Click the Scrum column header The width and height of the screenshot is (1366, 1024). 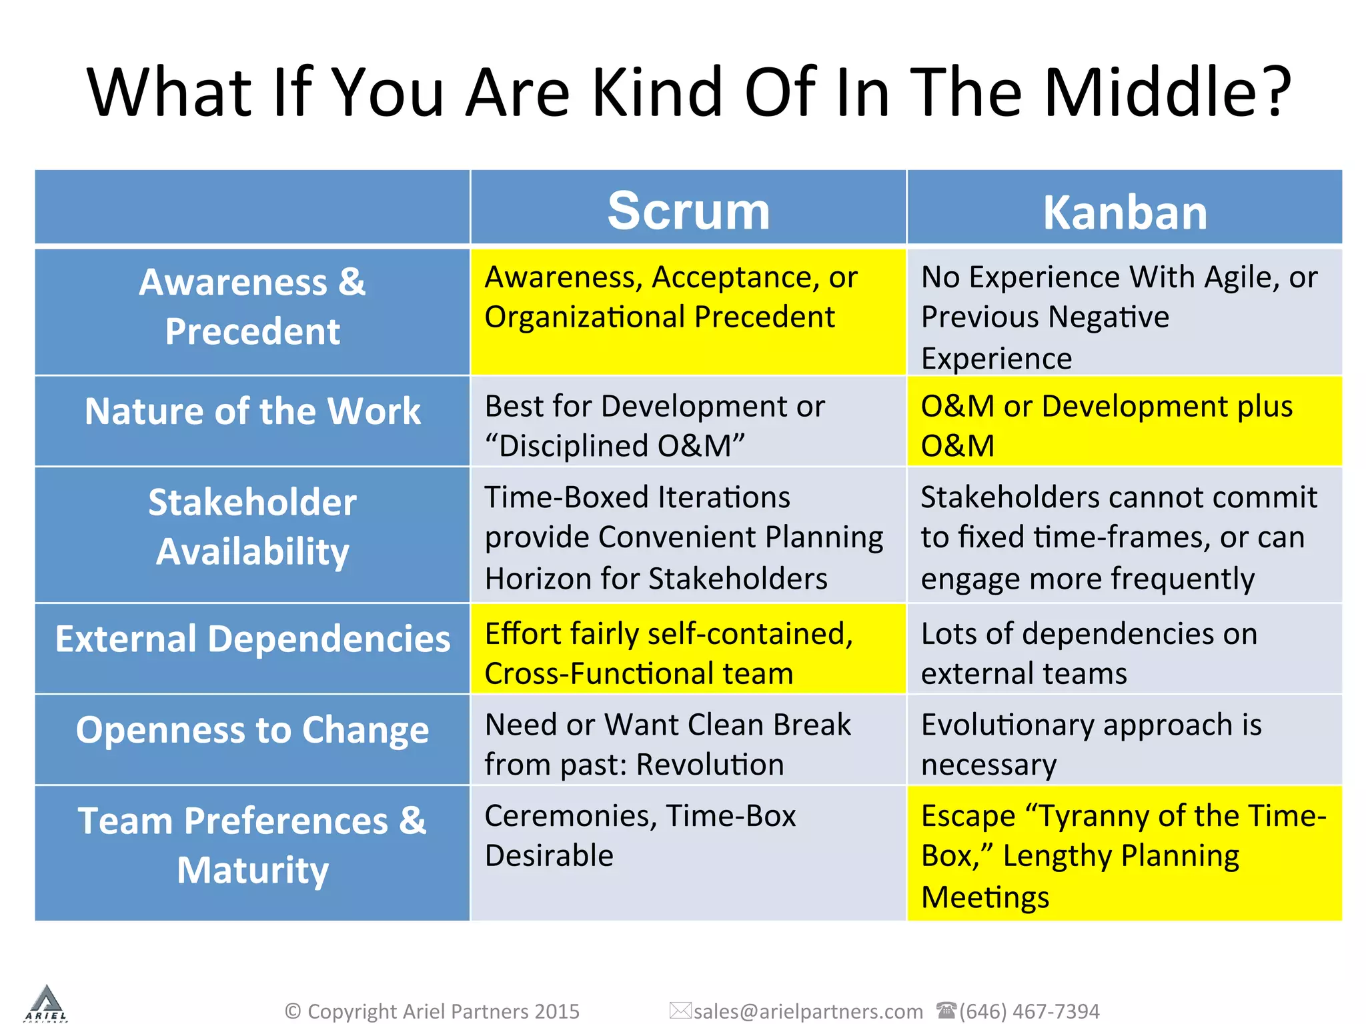688,211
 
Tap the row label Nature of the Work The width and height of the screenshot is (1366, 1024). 252,411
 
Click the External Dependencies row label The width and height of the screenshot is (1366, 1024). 252,639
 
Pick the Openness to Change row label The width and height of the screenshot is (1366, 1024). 252,730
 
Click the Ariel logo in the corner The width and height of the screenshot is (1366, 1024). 46,1003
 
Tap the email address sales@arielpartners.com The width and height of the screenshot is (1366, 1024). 808,1011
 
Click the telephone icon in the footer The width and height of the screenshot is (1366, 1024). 946,1010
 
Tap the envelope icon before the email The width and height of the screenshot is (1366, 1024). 680,1011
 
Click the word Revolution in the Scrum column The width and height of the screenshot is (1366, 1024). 710,764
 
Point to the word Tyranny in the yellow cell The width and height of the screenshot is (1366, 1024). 1094,816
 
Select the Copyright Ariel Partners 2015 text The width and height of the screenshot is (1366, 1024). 432,1011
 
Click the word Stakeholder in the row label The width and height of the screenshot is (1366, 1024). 252,502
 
